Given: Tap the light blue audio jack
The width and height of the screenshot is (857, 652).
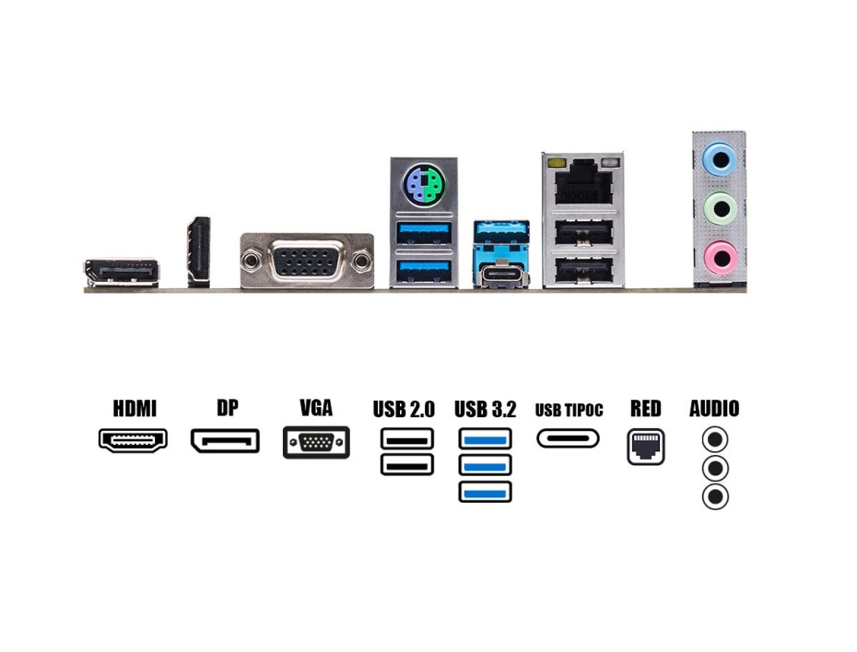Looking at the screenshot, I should [x=719, y=160].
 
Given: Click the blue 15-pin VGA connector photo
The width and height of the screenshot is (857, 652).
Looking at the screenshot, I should [x=307, y=261].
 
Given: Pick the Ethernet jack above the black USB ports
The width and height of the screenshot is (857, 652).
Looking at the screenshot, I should [x=582, y=180].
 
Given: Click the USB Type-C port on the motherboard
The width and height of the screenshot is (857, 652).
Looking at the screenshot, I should [x=502, y=274].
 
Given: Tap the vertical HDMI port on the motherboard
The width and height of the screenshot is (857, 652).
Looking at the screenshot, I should [x=199, y=251].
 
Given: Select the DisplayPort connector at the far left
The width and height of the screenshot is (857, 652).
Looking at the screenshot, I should [x=122, y=272].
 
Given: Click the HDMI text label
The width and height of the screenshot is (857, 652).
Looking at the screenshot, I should [x=135, y=408].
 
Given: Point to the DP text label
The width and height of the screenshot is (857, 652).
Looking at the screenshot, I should [x=227, y=408].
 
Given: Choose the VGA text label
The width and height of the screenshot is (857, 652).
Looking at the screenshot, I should [x=316, y=408].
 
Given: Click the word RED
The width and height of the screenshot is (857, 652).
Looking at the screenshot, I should [x=645, y=408].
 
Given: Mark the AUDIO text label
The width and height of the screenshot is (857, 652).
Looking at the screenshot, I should [x=714, y=408].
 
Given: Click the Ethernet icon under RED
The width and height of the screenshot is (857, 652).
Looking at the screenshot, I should [x=645, y=447].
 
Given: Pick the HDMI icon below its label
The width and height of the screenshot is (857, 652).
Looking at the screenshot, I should [x=134, y=440].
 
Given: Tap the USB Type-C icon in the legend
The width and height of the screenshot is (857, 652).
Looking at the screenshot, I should [x=568, y=438].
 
